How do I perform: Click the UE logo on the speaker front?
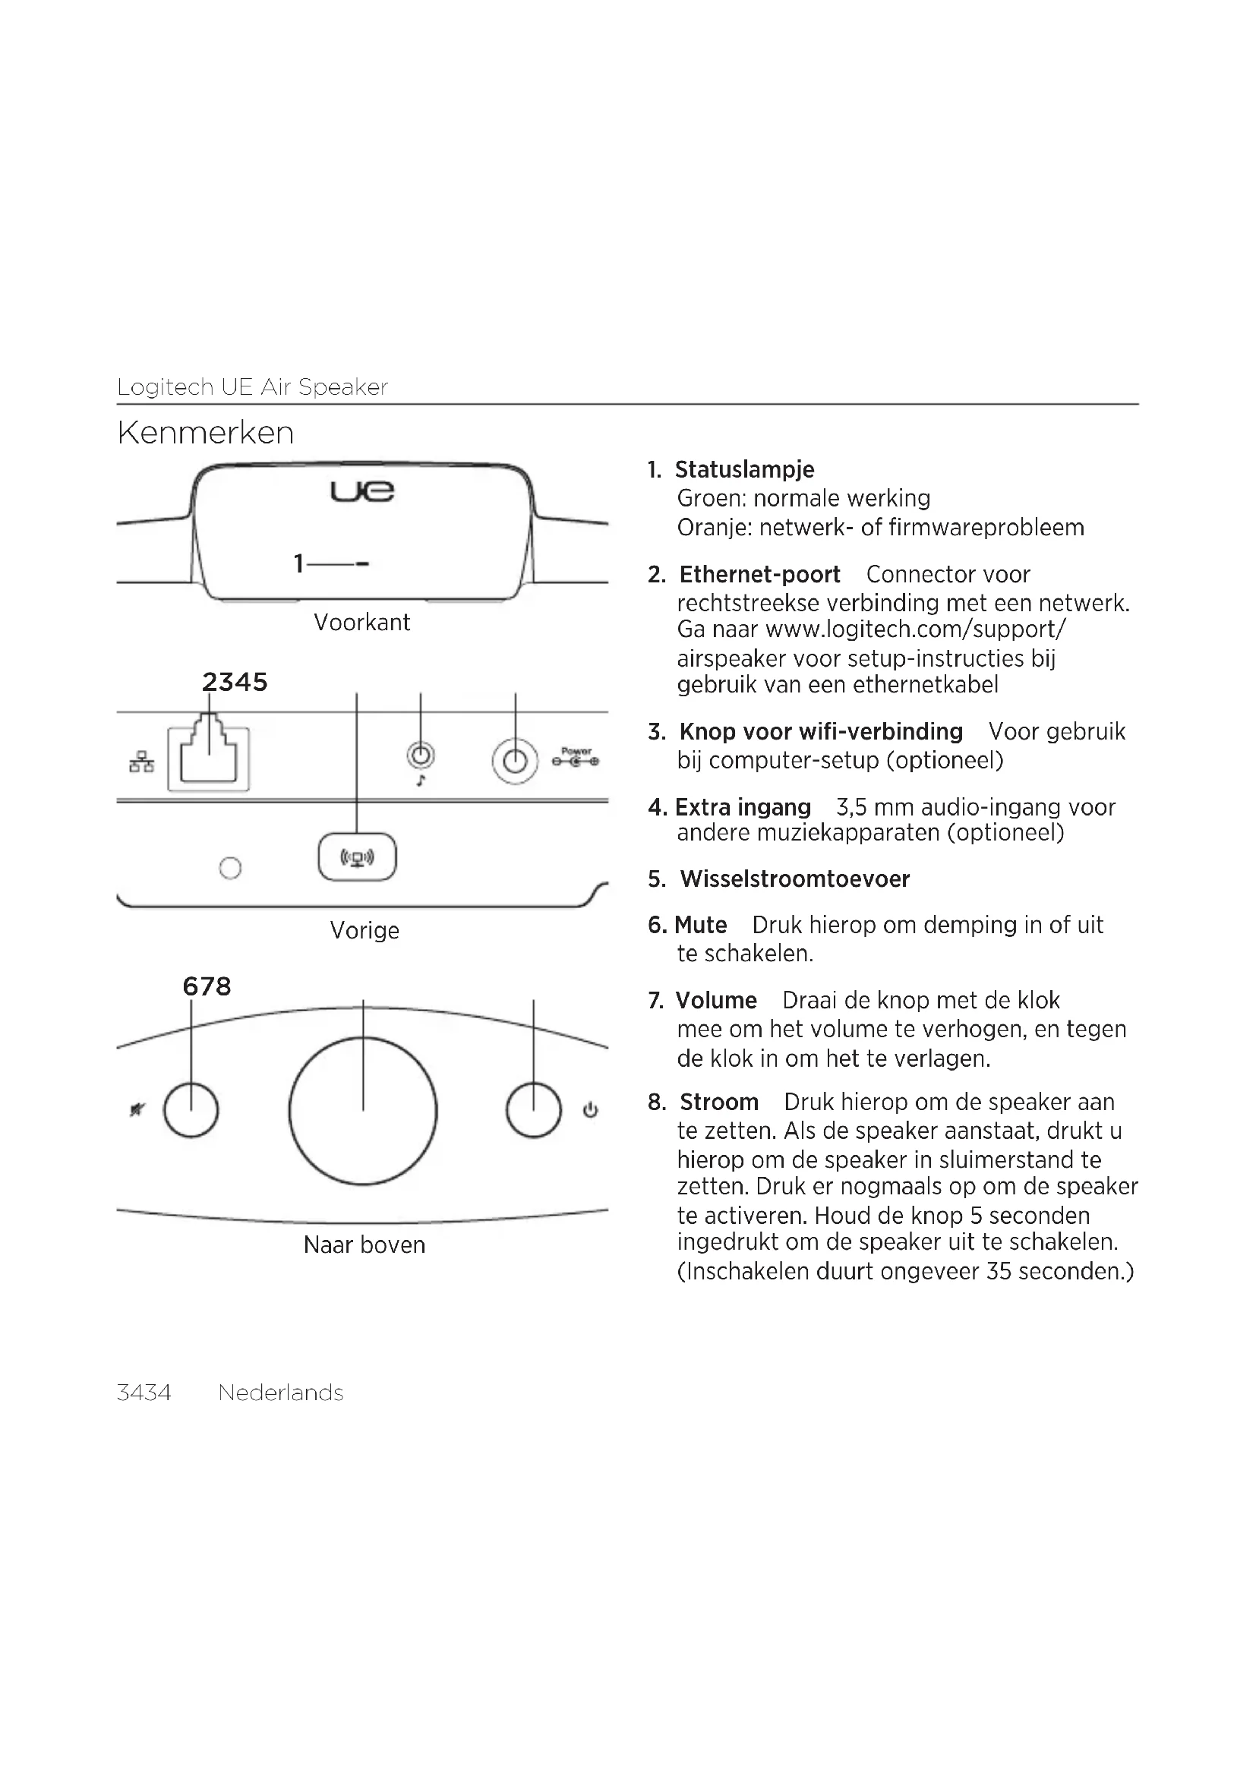(x=362, y=491)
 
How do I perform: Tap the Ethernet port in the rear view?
(x=209, y=758)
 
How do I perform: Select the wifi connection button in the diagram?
(x=358, y=857)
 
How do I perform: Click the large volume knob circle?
(x=363, y=1111)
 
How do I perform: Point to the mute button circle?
(x=191, y=1111)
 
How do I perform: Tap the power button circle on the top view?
(x=534, y=1111)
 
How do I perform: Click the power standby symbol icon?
(x=590, y=1111)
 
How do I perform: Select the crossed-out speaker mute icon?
(x=137, y=1111)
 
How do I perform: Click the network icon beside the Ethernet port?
(x=141, y=762)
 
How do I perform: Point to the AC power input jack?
(x=515, y=761)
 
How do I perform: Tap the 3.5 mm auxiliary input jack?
(x=421, y=755)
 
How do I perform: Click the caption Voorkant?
(x=362, y=622)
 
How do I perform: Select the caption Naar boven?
(x=364, y=1244)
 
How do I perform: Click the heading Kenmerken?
(x=206, y=433)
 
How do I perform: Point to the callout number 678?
(x=207, y=986)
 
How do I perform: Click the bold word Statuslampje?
(x=744, y=469)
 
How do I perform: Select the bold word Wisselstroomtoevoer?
(x=794, y=879)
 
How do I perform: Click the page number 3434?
(x=144, y=1393)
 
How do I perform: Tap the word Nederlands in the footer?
(x=281, y=1393)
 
